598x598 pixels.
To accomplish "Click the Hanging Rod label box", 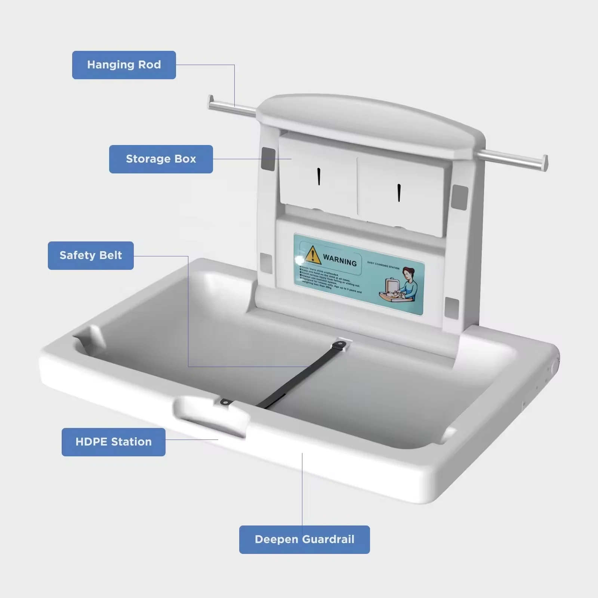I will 124,65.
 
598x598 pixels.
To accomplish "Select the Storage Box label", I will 161,159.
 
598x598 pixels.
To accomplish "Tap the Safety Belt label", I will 90,256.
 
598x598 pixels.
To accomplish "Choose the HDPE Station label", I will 113,442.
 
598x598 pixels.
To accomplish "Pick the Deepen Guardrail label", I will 304,540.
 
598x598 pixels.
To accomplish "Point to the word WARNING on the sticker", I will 340,260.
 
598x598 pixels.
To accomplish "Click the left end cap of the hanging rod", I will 211,102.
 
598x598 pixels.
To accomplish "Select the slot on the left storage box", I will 319,176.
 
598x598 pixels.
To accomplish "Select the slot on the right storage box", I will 399,193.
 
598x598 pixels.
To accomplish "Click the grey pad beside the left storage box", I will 268,159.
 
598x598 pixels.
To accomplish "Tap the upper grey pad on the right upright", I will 459,197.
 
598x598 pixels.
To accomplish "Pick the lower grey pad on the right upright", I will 452,308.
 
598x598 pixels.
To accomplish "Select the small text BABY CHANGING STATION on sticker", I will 383,265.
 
